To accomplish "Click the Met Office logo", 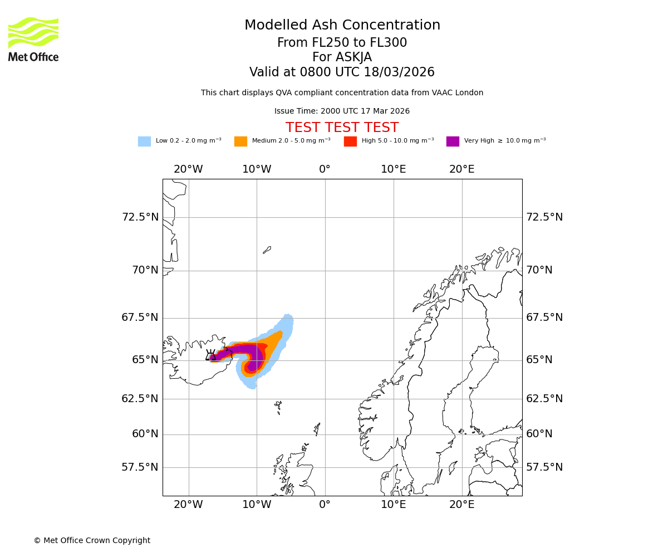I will point(33,39).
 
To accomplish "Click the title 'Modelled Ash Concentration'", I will point(342,26).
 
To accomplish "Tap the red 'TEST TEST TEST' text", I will point(342,128).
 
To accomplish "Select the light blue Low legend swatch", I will point(144,141).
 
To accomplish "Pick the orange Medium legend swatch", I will point(240,141).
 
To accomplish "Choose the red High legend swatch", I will point(350,141).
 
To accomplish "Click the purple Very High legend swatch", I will point(453,141).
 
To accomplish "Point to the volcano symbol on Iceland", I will point(210,355).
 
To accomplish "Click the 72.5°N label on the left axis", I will point(140,217).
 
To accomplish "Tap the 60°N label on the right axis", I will point(539,434).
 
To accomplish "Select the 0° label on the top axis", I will point(325,169).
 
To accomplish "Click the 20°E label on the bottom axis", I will point(462,505).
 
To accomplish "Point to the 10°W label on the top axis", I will point(257,169).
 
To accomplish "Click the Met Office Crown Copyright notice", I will point(92,540).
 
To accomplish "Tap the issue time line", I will point(342,111).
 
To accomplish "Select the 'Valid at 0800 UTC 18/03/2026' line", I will point(342,72).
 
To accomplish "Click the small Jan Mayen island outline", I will point(267,250).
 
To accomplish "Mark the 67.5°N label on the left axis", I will point(140,317).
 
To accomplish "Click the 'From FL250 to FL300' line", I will point(342,43).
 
